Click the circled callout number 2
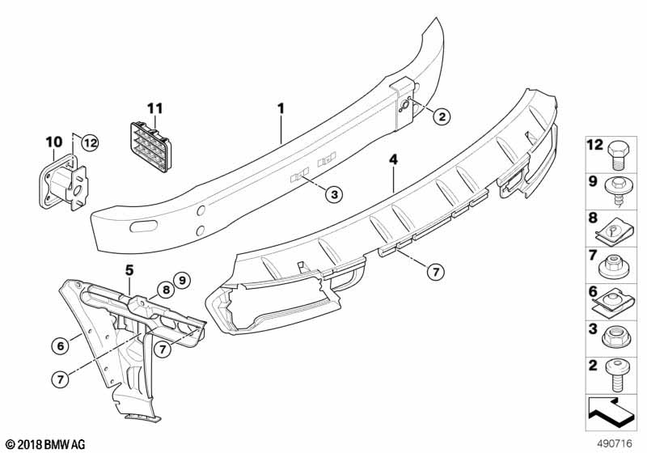tap(442, 116)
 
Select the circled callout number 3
tap(334, 194)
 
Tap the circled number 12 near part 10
tap(90, 143)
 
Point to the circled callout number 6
tap(60, 345)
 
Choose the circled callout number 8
tap(166, 290)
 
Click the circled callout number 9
tap(181, 281)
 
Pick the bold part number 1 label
tap(281, 108)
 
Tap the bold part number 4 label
tap(394, 159)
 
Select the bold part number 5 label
tap(129, 271)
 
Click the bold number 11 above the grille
tap(155, 108)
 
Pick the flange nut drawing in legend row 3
tap(615, 339)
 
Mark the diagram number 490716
tap(615, 443)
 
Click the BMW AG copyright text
tap(45, 444)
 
